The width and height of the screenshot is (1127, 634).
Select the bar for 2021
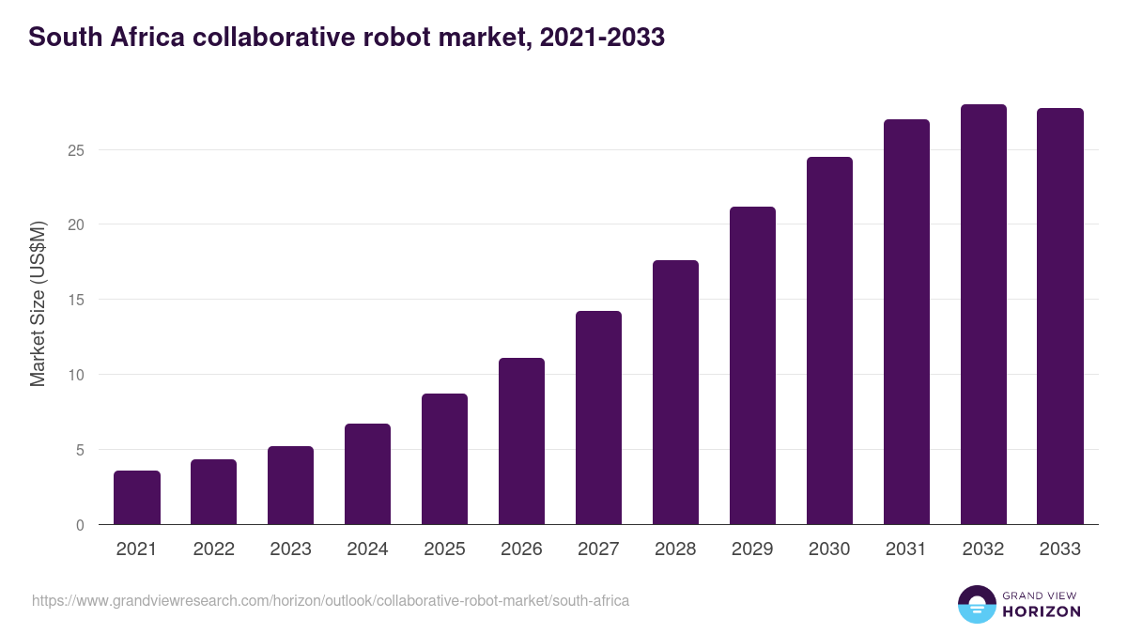[137, 498]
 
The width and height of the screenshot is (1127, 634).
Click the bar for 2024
[367, 474]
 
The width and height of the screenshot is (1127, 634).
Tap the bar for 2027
[598, 418]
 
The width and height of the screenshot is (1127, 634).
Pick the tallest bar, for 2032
[983, 315]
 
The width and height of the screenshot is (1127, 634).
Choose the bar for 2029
[752, 366]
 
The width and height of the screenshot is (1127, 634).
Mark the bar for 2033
[1060, 317]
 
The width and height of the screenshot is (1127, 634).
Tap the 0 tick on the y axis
[80, 525]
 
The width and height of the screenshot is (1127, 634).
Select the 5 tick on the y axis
[80, 450]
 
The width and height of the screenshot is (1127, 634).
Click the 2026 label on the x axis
[521, 549]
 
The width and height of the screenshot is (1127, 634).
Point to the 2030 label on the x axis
[829, 549]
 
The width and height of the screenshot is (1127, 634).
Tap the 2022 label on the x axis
[213, 549]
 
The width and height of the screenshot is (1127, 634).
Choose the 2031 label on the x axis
[906, 549]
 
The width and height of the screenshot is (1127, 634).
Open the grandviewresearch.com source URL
[331, 600]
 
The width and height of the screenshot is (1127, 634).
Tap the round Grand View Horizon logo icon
[977, 604]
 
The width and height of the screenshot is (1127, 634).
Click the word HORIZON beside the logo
[1042, 611]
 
